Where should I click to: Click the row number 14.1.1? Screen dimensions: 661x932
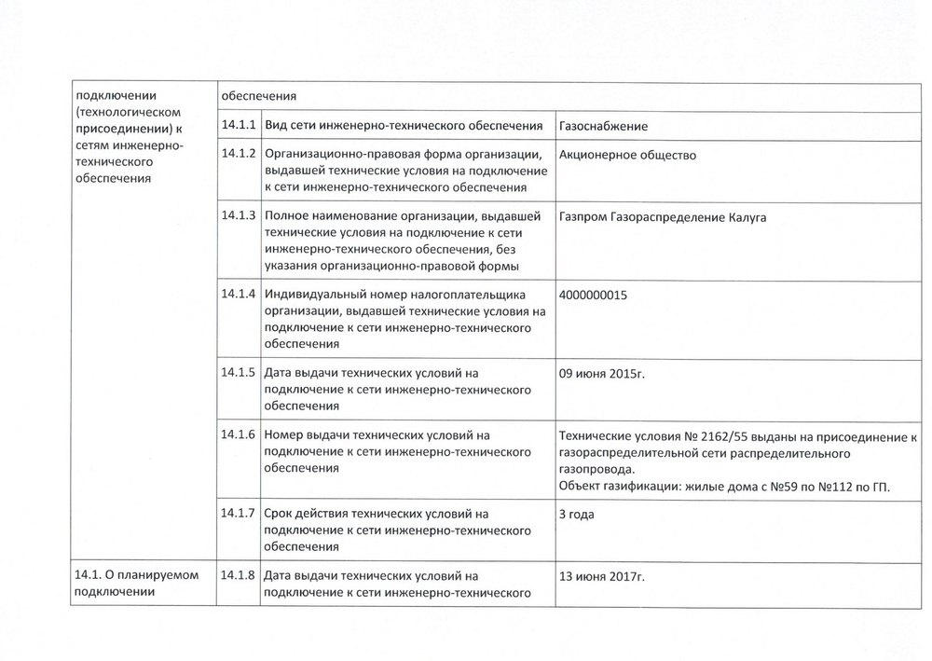[x=239, y=125]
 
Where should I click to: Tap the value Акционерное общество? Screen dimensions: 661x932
[x=627, y=155]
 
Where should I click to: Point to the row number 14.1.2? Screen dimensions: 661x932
[x=239, y=154]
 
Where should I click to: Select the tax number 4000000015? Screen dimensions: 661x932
[x=593, y=295]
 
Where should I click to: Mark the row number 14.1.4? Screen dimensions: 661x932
[x=239, y=294]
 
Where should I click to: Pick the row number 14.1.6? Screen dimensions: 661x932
[x=239, y=434]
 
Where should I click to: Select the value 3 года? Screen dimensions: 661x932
[x=578, y=514]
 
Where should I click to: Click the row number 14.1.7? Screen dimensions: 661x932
[x=239, y=513]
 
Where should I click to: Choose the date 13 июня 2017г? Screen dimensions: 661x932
[x=602, y=576]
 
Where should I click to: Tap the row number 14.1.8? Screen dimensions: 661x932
[x=239, y=575]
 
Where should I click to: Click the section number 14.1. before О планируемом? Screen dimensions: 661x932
[x=89, y=575]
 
